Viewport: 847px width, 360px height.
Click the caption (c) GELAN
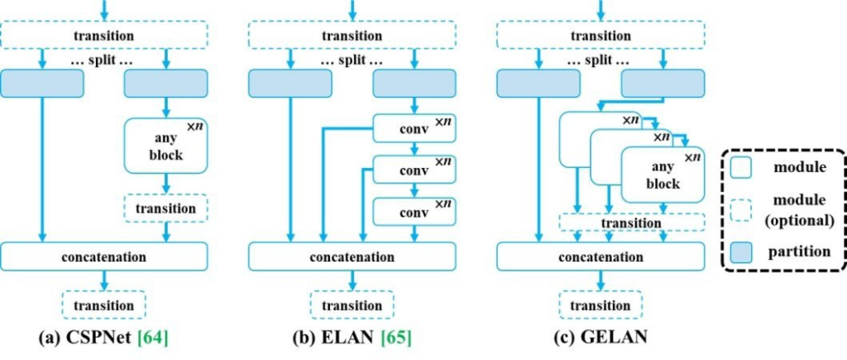[x=600, y=338]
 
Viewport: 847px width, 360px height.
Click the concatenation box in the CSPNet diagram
[x=103, y=256]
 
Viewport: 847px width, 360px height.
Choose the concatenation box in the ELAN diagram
[x=352, y=256]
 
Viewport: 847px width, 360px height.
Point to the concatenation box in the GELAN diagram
[x=600, y=256]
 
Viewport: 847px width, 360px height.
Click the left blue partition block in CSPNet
[x=42, y=83]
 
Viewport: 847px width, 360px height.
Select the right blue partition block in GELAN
[x=663, y=83]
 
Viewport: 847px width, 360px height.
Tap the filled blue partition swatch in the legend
[x=741, y=251]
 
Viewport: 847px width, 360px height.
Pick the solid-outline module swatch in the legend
[x=741, y=168]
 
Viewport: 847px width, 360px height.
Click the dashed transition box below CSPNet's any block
[x=165, y=209]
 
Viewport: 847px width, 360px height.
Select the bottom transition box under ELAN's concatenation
[x=352, y=305]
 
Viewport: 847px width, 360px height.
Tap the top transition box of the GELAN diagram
[x=600, y=36]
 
